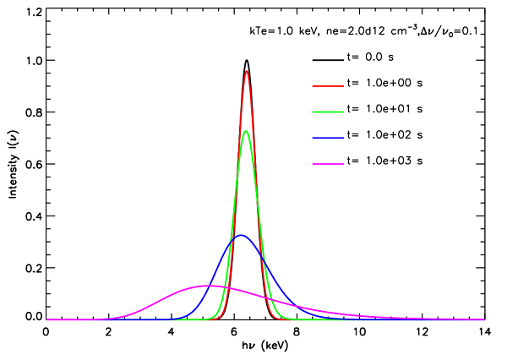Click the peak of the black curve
(x=246, y=60)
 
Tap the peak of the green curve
(x=246, y=130)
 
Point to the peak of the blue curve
(x=241, y=235)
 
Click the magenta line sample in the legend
(x=326, y=159)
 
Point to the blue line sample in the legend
(x=326, y=134)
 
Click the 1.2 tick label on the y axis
(x=33, y=13)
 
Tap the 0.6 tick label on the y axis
(x=33, y=166)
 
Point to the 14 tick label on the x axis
(x=484, y=332)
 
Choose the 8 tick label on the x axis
(x=297, y=332)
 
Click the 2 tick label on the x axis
(x=108, y=332)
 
